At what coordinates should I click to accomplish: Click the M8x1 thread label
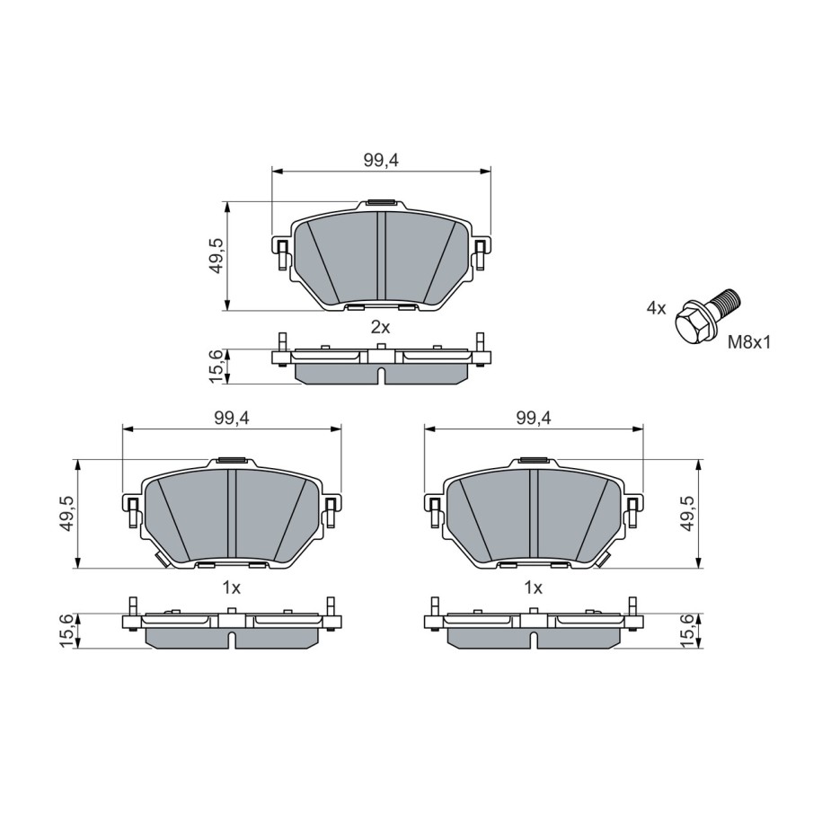click(749, 343)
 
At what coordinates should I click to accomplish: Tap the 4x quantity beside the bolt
click(656, 308)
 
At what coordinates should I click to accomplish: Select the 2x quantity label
click(381, 328)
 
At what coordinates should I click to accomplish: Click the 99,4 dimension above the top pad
click(381, 161)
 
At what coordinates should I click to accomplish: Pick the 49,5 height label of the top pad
click(216, 256)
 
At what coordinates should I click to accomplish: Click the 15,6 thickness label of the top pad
click(216, 366)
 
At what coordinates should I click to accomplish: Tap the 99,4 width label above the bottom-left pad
click(231, 418)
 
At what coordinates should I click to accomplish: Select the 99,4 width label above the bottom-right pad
click(534, 418)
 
